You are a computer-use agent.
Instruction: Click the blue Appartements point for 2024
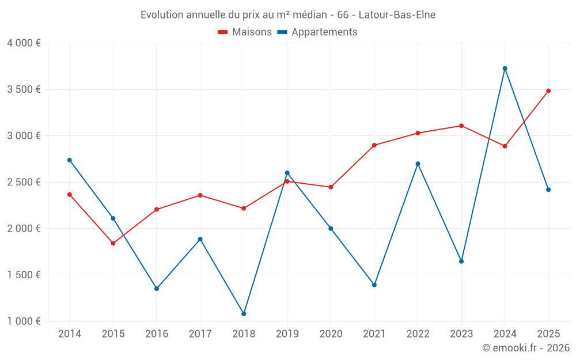505,69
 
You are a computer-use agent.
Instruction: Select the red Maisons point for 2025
548,90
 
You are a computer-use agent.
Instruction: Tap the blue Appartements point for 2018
244,314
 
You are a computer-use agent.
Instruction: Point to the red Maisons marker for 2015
113,243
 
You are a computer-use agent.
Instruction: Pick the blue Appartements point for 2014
70,160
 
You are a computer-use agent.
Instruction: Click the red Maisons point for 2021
374,145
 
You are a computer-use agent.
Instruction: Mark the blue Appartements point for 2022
418,164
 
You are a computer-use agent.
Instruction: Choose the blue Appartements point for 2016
157,289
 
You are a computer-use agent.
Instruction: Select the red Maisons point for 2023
461,126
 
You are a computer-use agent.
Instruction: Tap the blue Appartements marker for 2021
374,285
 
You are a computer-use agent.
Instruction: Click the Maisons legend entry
245,32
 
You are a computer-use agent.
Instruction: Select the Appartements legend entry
317,32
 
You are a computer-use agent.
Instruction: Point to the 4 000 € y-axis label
24,43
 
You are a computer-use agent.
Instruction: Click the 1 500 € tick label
24,275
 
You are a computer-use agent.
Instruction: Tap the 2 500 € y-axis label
24,182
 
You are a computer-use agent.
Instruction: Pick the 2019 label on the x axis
287,334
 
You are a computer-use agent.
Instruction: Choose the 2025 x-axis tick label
548,334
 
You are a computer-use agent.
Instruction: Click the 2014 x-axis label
70,334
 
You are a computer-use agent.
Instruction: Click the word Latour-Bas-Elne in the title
397,14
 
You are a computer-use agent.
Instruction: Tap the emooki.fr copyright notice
525,348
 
